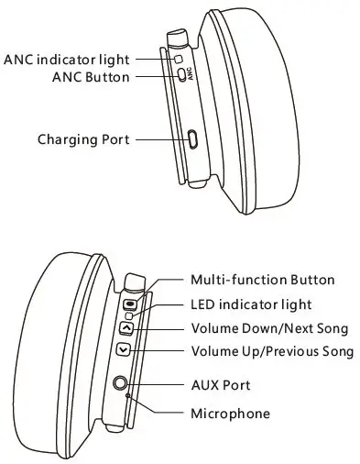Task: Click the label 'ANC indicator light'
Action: [x=66, y=60]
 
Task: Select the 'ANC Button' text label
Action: [x=91, y=77]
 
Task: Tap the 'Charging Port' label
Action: [x=83, y=139]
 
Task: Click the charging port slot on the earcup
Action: [x=192, y=139]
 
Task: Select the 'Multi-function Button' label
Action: [x=262, y=280]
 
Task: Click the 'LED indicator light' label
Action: [x=250, y=304]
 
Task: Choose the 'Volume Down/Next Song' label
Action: [x=269, y=327]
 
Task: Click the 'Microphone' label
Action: [x=230, y=414]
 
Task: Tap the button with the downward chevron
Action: [x=122, y=350]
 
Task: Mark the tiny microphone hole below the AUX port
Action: [x=127, y=396]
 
